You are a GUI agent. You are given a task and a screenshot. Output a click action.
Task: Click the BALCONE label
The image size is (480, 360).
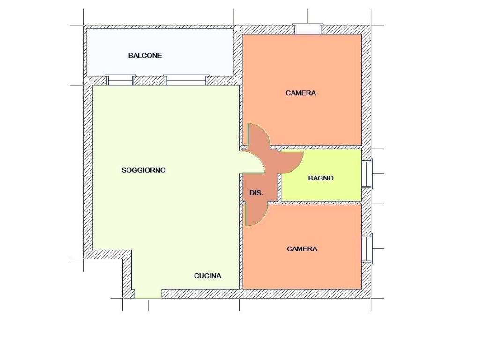point(145,56)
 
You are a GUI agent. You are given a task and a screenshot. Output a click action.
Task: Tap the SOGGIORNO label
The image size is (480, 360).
point(143,170)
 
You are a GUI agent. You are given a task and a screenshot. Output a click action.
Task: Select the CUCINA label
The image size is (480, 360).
point(208,276)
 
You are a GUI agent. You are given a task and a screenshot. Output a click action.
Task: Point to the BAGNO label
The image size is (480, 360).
point(321,178)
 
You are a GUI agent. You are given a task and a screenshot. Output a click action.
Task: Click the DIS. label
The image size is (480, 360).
point(256,193)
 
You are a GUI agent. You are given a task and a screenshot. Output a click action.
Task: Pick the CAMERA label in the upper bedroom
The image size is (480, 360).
point(300,93)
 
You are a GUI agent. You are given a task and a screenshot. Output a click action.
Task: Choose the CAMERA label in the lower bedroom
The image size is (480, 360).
point(302,249)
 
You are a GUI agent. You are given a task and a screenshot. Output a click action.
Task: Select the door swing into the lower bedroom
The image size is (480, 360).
point(256,214)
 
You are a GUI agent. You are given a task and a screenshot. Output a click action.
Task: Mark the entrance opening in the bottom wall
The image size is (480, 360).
point(148,293)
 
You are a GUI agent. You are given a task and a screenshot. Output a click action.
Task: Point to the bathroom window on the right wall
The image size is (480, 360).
point(367,174)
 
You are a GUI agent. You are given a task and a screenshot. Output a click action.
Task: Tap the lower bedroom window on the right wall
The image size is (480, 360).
point(367,248)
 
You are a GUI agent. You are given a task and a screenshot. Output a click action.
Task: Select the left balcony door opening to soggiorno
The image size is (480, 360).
point(120,80)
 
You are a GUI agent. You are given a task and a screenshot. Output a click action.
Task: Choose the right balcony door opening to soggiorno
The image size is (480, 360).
point(186,80)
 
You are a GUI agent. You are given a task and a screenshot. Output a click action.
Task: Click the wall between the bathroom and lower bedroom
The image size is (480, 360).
point(320,202)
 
